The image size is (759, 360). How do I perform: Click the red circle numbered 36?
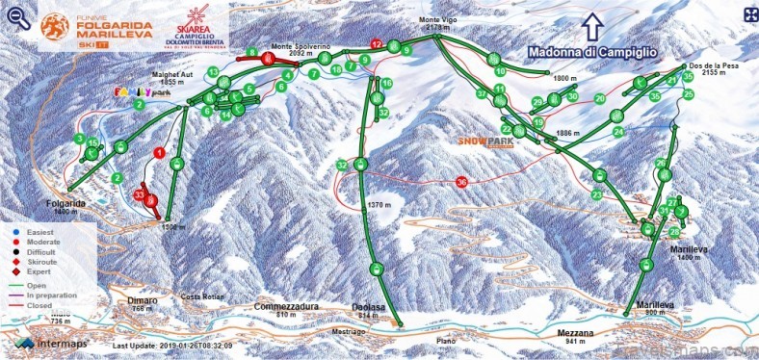tap(462, 181)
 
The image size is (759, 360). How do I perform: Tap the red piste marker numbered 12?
tap(377, 43)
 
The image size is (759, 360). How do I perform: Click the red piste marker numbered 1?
tap(159, 152)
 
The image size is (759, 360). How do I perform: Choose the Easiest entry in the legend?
tap(38, 232)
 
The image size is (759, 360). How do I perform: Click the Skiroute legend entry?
tap(39, 261)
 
